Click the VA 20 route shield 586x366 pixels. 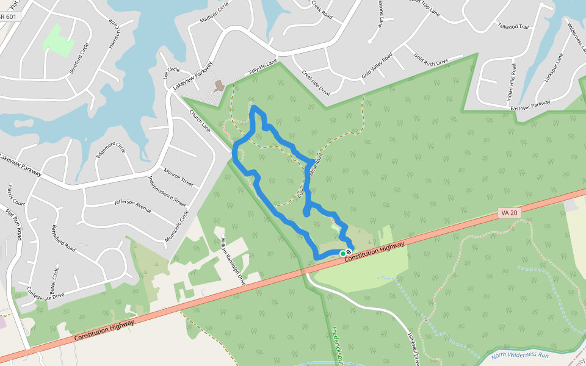[x=508, y=213]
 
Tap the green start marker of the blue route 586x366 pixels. [x=342, y=253]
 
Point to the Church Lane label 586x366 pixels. [x=200, y=120]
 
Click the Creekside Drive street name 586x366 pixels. [x=316, y=82]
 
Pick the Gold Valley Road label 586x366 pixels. [x=376, y=65]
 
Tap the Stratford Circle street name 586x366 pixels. [x=79, y=59]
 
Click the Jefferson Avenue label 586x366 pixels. [x=132, y=206]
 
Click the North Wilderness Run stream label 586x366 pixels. [x=519, y=355]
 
